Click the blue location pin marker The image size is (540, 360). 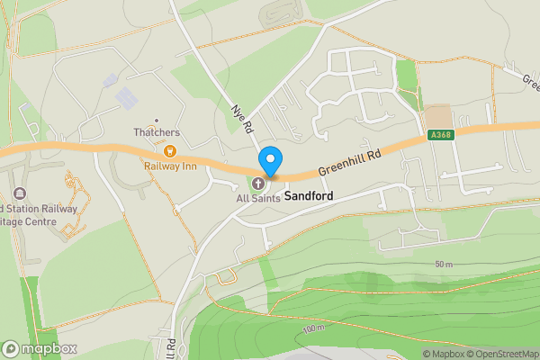[270, 161]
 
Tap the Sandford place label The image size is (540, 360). [310, 196]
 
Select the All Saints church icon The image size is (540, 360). [258, 184]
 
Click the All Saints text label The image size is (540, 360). [256, 198]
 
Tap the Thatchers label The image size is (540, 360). [157, 133]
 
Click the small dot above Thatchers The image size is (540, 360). [157, 120]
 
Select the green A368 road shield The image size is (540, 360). [441, 135]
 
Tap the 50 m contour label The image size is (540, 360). [443, 264]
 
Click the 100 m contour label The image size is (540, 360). [313, 328]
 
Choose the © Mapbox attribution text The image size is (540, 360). [443, 354]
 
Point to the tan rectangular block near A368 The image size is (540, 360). [438, 117]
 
